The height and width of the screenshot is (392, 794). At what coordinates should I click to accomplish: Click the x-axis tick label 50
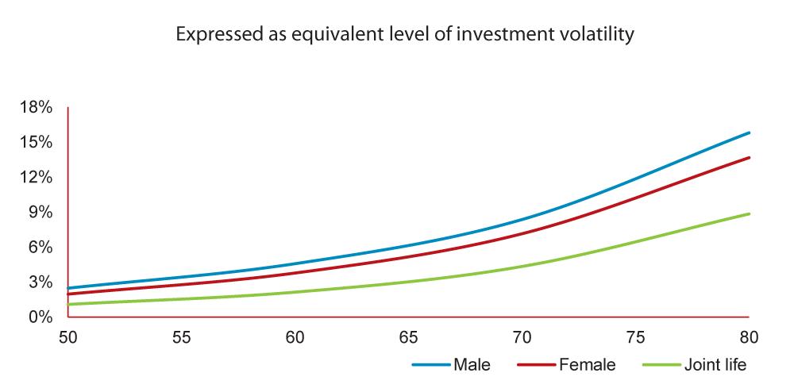68,337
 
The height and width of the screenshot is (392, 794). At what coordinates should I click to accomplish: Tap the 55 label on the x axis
182,337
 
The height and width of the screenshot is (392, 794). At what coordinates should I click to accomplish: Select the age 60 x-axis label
295,337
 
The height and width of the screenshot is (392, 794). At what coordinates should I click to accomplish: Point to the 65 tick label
409,337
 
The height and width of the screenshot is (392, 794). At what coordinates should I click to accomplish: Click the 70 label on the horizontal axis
522,337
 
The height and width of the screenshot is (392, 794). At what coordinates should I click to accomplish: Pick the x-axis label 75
636,337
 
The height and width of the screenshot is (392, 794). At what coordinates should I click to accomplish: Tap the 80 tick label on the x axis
749,337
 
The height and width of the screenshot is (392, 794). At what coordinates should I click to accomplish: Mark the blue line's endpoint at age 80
749,133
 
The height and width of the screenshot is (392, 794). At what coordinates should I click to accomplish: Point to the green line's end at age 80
749,213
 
